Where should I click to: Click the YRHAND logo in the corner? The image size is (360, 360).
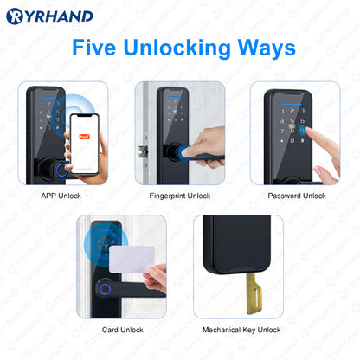pyautogui.click(x=49, y=16)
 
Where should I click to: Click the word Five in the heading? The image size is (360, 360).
pyautogui.click(x=93, y=48)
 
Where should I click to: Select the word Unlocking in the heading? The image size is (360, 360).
pyautogui.click(x=177, y=48)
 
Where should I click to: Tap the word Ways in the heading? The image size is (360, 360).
pyautogui.click(x=267, y=48)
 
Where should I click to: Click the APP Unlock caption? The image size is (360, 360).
pyautogui.click(x=61, y=196)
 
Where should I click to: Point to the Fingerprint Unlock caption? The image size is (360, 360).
pyautogui.click(x=180, y=196)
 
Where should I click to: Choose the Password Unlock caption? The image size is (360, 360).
pyautogui.click(x=297, y=196)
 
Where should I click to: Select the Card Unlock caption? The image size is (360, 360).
pyautogui.click(x=123, y=330)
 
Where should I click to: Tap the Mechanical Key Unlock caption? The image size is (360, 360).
pyautogui.click(x=241, y=330)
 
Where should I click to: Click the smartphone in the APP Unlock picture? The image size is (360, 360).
pyautogui.click(x=85, y=144)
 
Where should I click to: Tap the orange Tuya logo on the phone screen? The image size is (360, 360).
pyautogui.click(x=85, y=137)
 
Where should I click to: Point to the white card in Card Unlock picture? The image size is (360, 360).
pyautogui.click(x=132, y=260)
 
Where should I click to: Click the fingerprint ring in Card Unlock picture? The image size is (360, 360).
pyautogui.click(x=105, y=289)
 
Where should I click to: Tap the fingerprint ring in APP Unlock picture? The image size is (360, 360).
pyautogui.click(x=61, y=170)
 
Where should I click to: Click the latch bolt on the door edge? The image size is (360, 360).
pyautogui.click(x=143, y=151)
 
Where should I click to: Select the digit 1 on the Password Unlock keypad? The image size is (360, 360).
pyautogui.click(x=283, y=112)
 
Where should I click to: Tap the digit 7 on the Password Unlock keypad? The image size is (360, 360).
pyautogui.click(x=282, y=132)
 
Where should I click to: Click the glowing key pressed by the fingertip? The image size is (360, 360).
pyautogui.click(x=302, y=131)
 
